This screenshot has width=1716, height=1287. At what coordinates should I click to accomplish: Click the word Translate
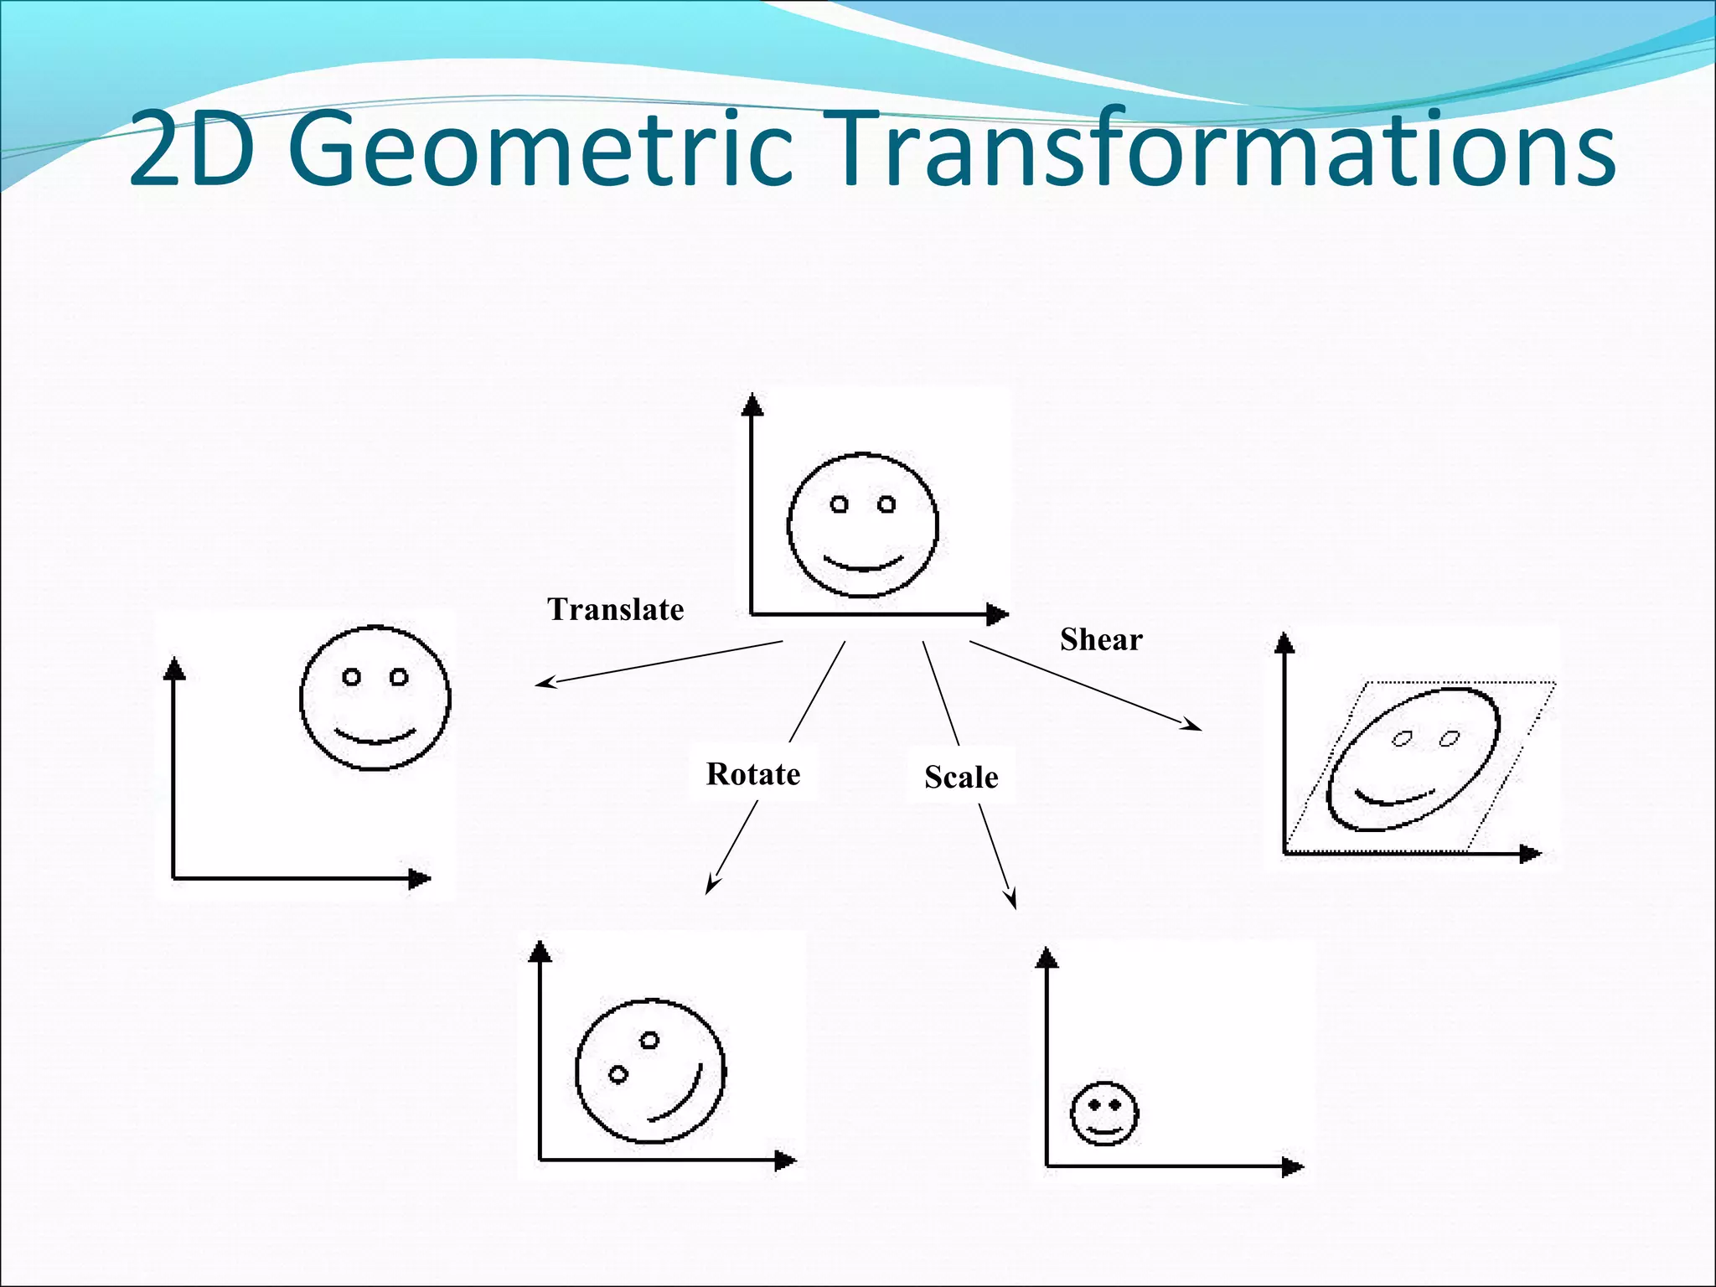coord(616,610)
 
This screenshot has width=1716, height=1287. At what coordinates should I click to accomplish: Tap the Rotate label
coord(752,774)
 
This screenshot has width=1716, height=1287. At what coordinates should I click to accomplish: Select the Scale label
coord(961,778)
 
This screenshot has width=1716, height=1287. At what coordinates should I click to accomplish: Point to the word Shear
coord(1101,640)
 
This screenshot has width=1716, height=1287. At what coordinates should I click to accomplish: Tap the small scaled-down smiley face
coord(1104,1114)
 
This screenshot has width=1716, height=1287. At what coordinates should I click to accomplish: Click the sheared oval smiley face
coord(1414,759)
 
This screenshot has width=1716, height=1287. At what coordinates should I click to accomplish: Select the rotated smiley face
coord(650,1071)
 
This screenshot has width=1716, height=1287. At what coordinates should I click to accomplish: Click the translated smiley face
coord(375,697)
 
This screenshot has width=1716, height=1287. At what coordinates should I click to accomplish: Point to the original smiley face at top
coord(862,525)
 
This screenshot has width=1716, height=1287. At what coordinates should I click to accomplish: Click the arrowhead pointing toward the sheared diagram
coord(1193,725)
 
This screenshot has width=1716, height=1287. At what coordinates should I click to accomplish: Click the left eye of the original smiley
coord(840,504)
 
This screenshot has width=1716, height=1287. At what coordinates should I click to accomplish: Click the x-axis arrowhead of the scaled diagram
coord(1293,1166)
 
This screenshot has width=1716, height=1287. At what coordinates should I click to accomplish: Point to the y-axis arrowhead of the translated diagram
coord(174,669)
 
